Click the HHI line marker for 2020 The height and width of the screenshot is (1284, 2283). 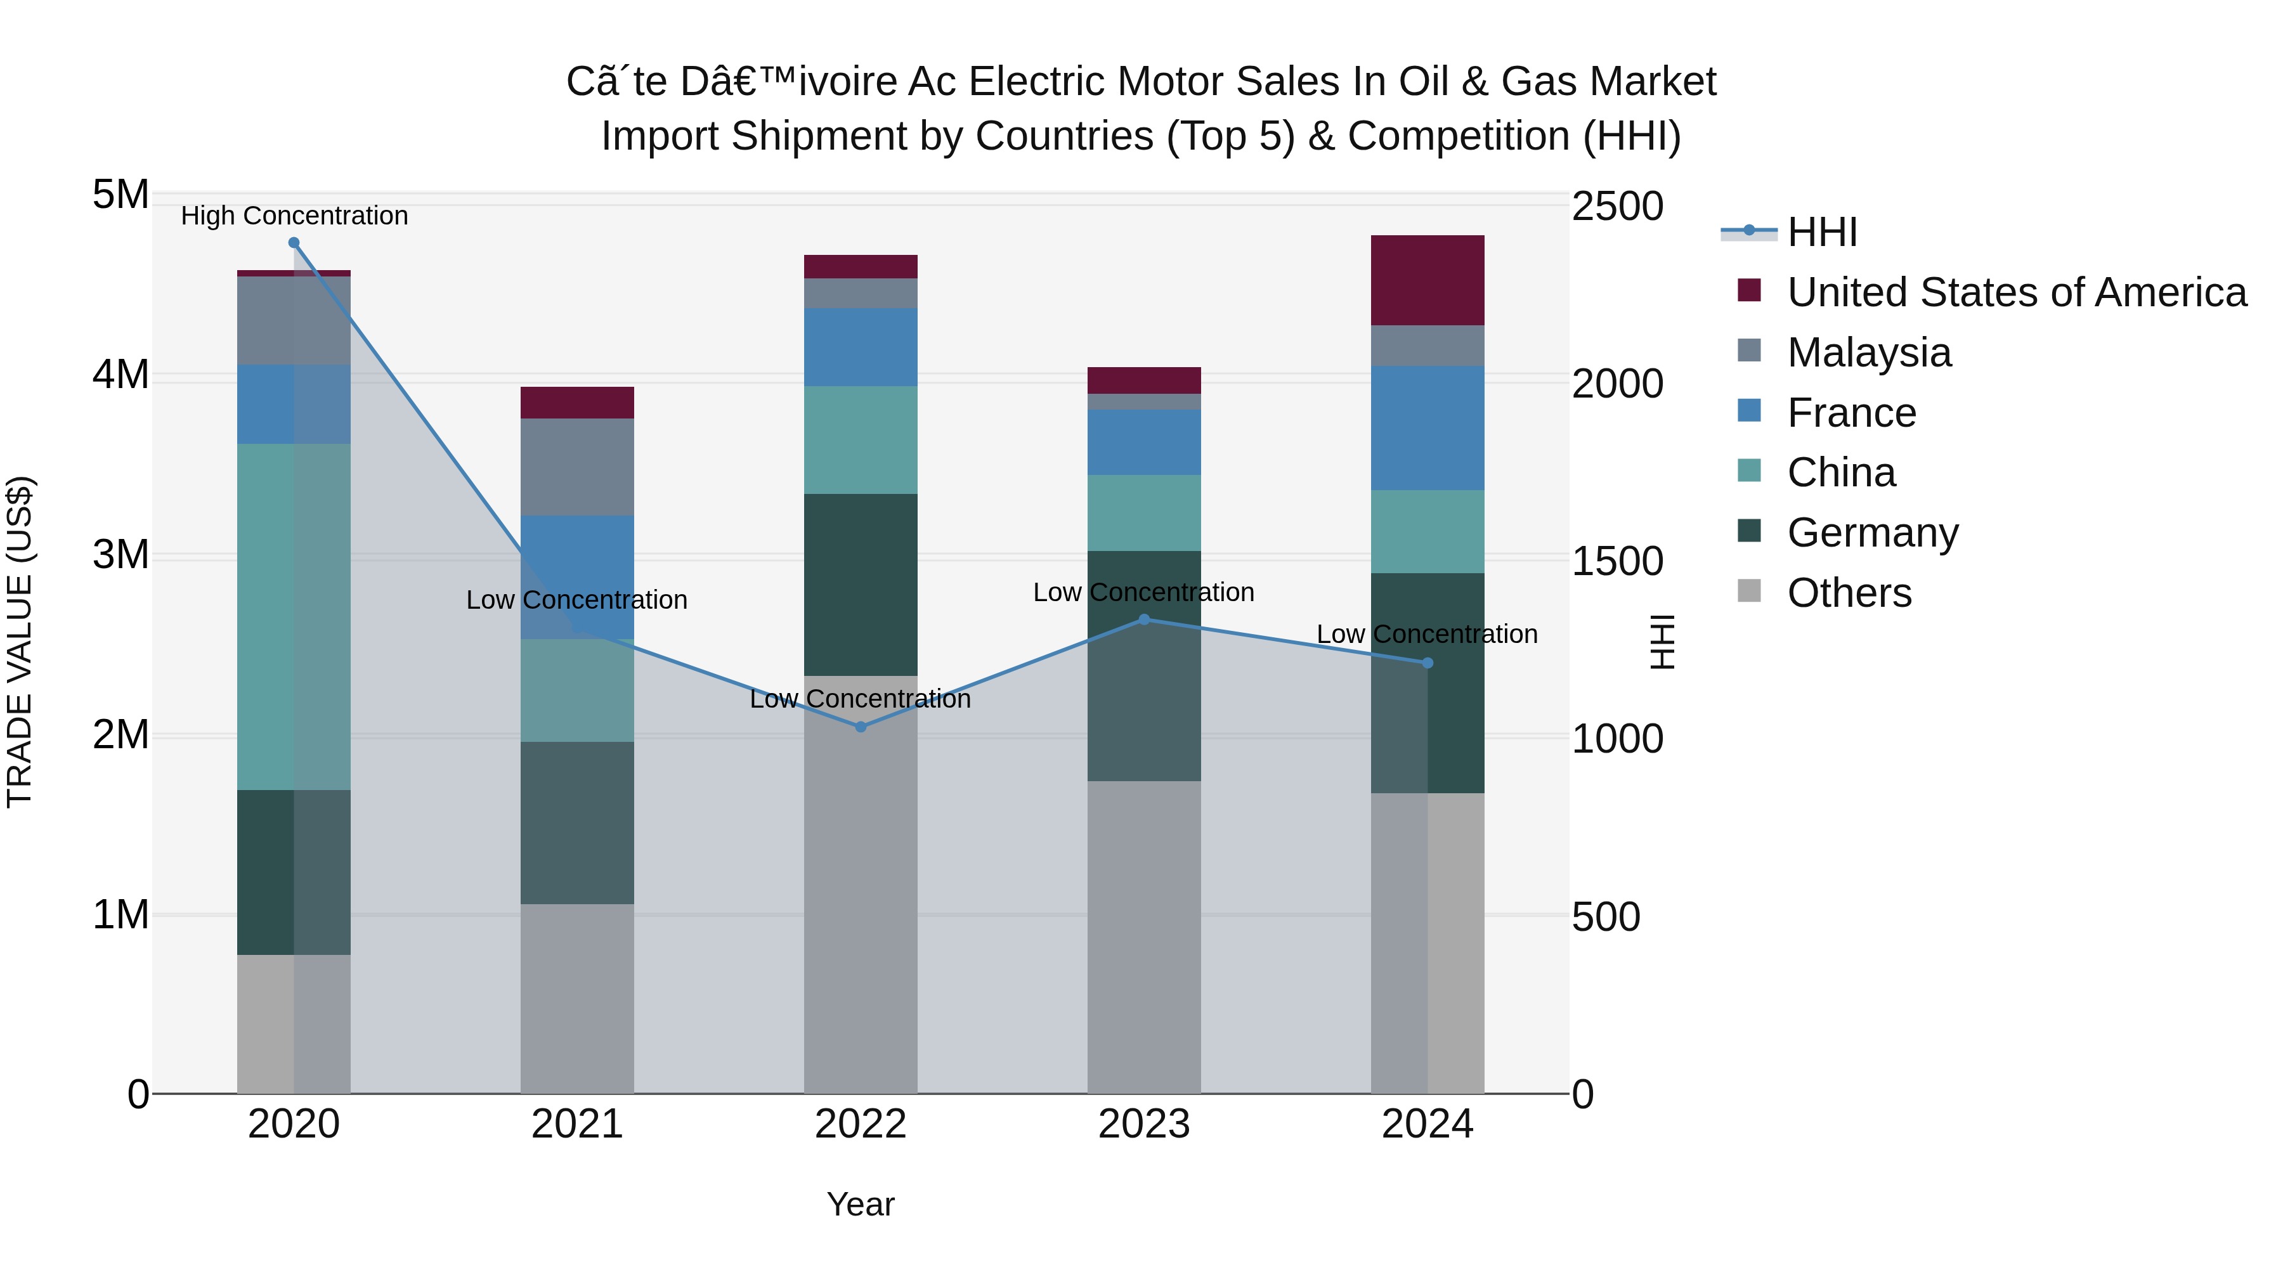(294, 243)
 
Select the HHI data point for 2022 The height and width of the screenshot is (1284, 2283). (861, 727)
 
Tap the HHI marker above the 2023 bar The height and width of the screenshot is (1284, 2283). (1143, 619)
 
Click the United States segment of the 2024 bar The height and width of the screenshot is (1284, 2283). (1427, 280)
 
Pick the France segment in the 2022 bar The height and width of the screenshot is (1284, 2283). (861, 347)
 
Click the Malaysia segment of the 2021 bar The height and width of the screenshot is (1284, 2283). (577, 467)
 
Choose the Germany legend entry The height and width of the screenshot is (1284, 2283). (1872, 533)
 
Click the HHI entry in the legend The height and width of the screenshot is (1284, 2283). (1822, 232)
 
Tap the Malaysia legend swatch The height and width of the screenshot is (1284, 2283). (1750, 351)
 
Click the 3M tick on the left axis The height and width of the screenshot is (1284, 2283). (120, 555)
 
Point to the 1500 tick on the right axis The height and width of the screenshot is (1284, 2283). (1616, 561)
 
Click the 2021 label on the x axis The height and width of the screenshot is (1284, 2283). (577, 1124)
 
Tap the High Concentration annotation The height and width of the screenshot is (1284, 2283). (294, 216)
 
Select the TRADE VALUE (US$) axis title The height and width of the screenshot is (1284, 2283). (20, 642)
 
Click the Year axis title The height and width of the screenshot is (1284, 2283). (860, 1204)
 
